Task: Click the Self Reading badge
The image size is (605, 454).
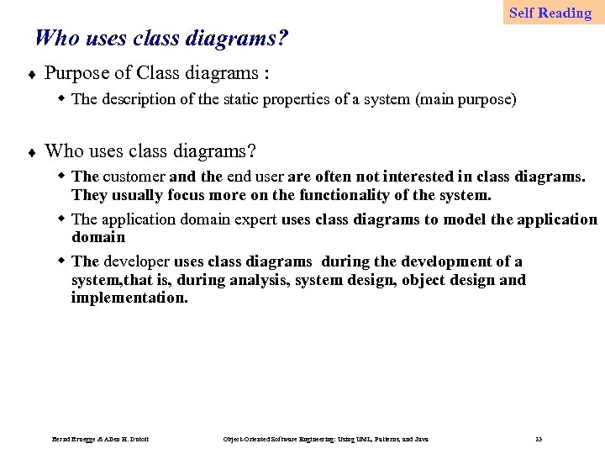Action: (550, 13)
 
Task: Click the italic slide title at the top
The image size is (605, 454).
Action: (162, 38)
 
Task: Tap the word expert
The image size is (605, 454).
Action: (254, 219)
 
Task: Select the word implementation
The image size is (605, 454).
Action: (129, 298)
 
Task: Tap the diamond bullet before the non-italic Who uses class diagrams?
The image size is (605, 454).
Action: (30, 153)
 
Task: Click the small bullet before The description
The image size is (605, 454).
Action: (61, 98)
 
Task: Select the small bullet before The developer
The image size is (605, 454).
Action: (61, 261)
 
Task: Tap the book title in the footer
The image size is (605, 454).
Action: (326, 440)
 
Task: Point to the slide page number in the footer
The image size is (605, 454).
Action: (539, 440)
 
